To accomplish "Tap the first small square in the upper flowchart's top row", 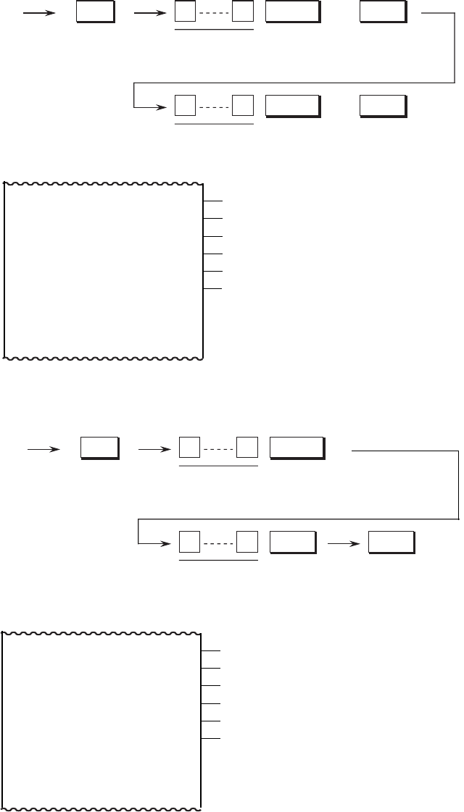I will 185,12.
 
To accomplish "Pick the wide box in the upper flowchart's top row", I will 292,12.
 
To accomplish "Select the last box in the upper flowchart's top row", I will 383,12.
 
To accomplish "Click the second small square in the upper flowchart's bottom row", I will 243,106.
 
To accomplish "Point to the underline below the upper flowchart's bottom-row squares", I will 214,125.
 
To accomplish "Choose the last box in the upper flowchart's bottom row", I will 383,106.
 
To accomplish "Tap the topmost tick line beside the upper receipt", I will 213,202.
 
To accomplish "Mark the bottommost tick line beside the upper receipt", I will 213,289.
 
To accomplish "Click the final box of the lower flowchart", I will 391,543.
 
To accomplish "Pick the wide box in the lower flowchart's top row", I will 296,449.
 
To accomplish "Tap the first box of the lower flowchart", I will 99,449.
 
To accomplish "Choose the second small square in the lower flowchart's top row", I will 247,449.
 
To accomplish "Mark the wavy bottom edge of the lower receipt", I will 101,806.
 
